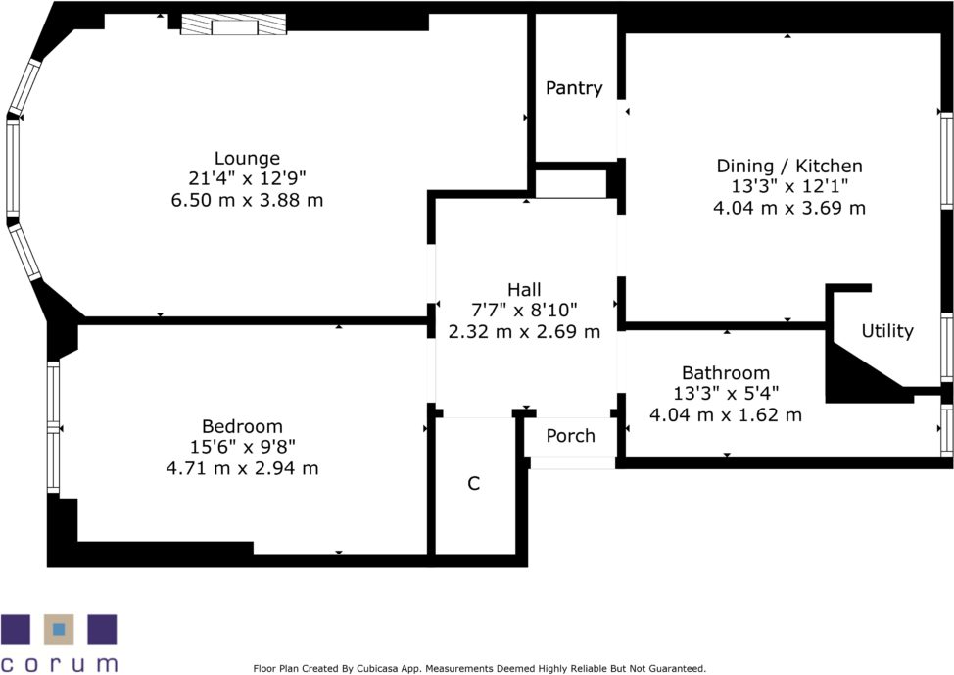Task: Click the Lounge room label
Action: tap(247, 158)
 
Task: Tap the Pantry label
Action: tap(574, 88)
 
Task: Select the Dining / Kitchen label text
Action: tap(789, 166)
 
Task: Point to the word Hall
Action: tap(524, 289)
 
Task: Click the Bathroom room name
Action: tap(726, 373)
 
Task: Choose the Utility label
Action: tap(887, 331)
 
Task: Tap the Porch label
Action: tap(570, 436)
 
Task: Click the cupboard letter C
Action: tap(473, 484)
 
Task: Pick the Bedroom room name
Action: tap(242, 426)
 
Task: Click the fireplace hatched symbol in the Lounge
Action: tap(233, 25)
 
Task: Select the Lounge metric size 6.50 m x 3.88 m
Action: tap(247, 200)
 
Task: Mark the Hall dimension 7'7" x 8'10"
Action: tap(524, 311)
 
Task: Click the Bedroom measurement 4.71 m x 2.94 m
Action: tap(242, 468)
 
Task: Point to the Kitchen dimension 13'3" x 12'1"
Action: tap(789, 187)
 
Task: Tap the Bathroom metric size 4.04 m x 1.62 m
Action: tap(726, 415)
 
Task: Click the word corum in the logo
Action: tap(59, 663)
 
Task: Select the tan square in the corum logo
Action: tap(59, 629)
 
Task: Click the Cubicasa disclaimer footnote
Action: tap(479, 669)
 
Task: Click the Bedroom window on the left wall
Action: tap(53, 427)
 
